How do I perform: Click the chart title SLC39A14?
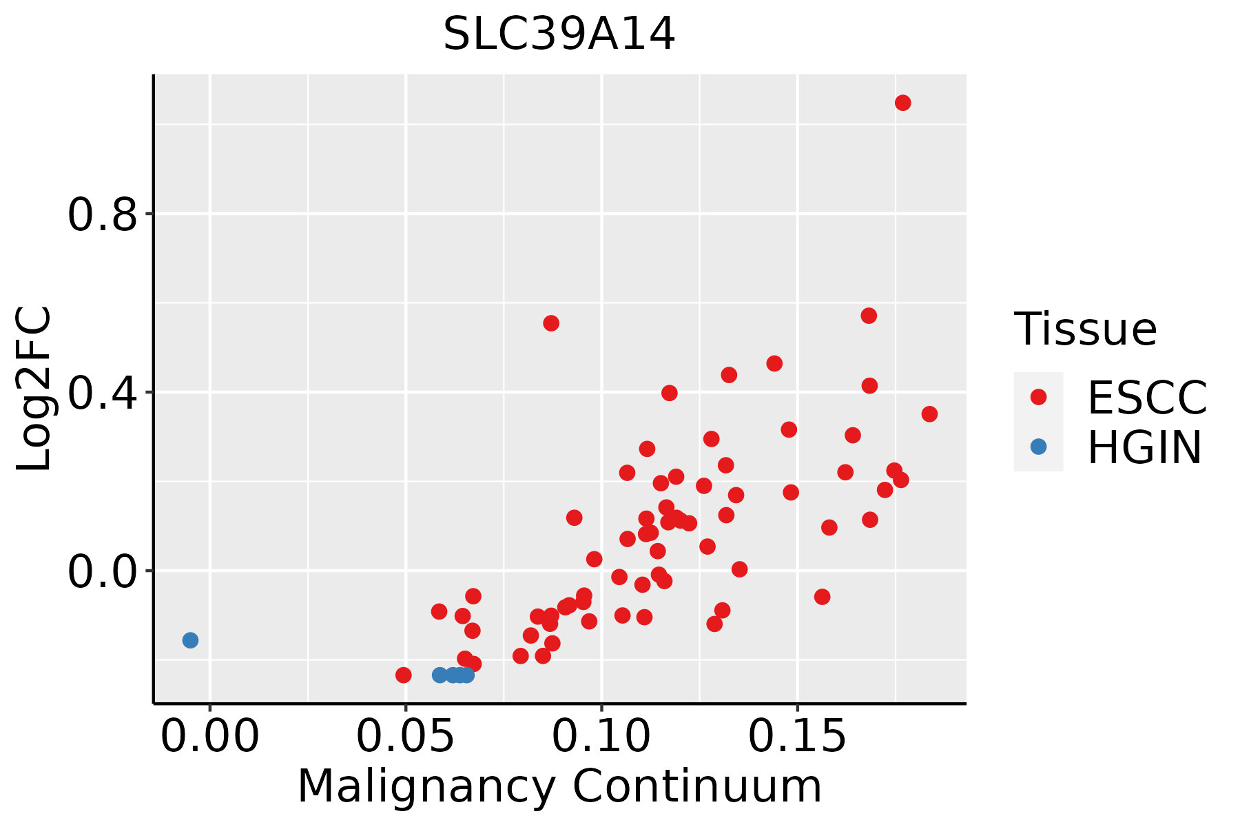click(559, 34)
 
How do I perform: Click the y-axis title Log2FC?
click(34, 389)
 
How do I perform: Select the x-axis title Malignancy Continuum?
click(559, 786)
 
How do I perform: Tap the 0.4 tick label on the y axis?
click(101, 393)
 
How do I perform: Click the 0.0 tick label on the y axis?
click(101, 571)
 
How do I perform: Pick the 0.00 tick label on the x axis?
click(210, 737)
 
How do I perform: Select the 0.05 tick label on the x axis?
click(406, 737)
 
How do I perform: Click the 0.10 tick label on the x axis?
click(601, 737)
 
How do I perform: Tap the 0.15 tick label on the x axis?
click(797, 737)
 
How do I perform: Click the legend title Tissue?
click(1086, 329)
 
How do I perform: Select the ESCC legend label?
click(1147, 397)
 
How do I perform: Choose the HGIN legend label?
click(1144, 447)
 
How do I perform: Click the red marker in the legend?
click(1038, 397)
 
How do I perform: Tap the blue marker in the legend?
click(1038, 447)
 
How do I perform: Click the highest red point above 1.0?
click(902, 103)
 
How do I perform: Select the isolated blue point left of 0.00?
click(190, 640)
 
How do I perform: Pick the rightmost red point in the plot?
click(929, 414)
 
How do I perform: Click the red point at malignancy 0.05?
click(404, 675)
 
